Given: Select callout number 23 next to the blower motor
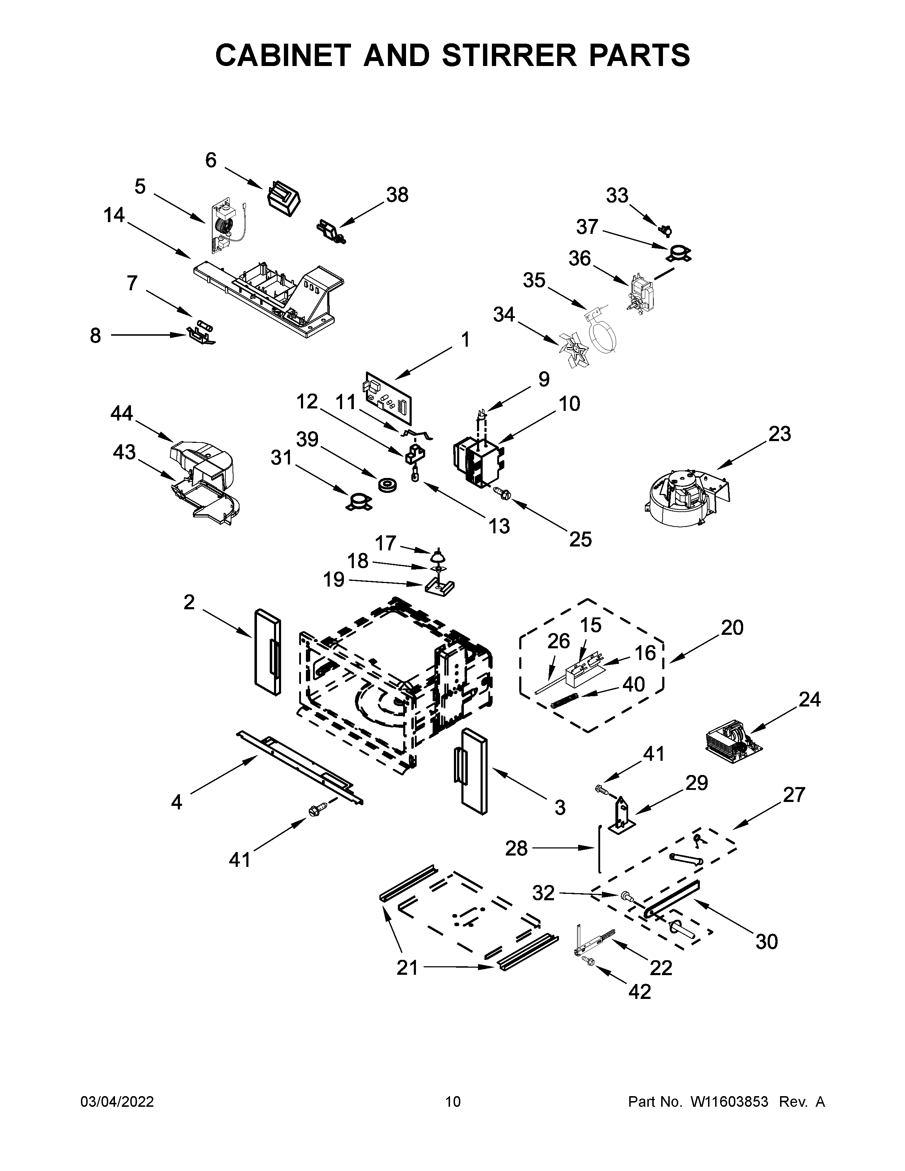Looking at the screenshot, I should coord(779,434).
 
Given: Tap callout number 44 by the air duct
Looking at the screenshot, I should coord(122,413).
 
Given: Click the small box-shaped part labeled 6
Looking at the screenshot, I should coord(283,198).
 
